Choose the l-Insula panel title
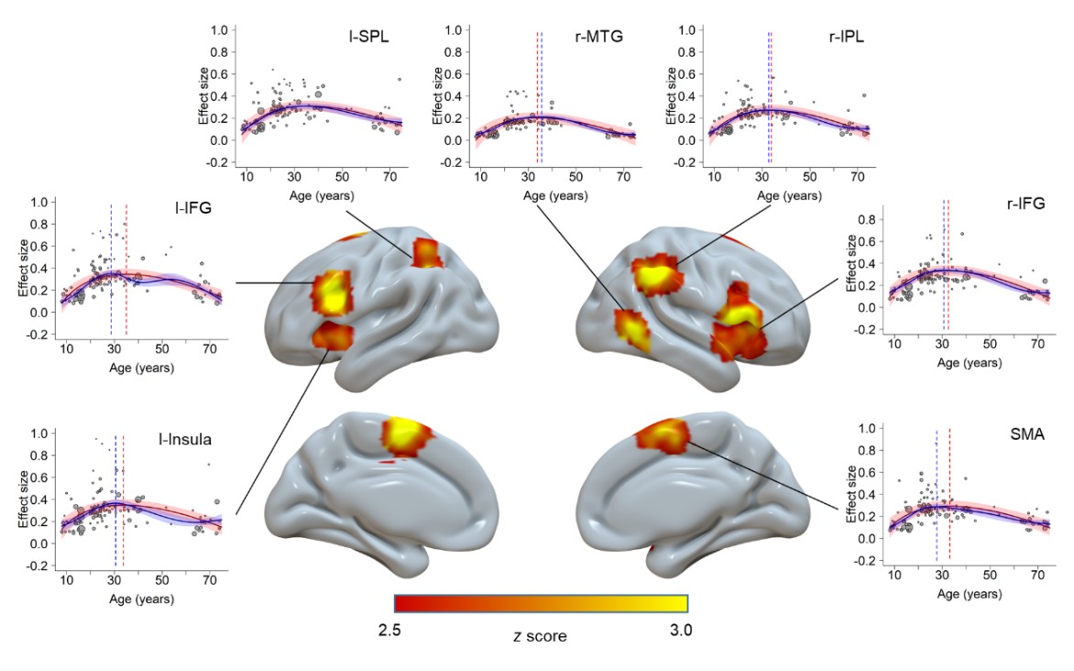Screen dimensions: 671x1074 [x=182, y=439]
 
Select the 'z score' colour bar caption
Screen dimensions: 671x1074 [x=539, y=634]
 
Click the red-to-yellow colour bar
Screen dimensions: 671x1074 [x=541, y=602]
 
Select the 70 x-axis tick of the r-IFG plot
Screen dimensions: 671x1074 [x=1038, y=346]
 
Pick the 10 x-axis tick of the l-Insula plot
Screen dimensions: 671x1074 [x=67, y=581]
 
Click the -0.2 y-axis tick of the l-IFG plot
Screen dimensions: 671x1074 [x=37, y=335]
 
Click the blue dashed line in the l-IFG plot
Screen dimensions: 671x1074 [x=111, y=275]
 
